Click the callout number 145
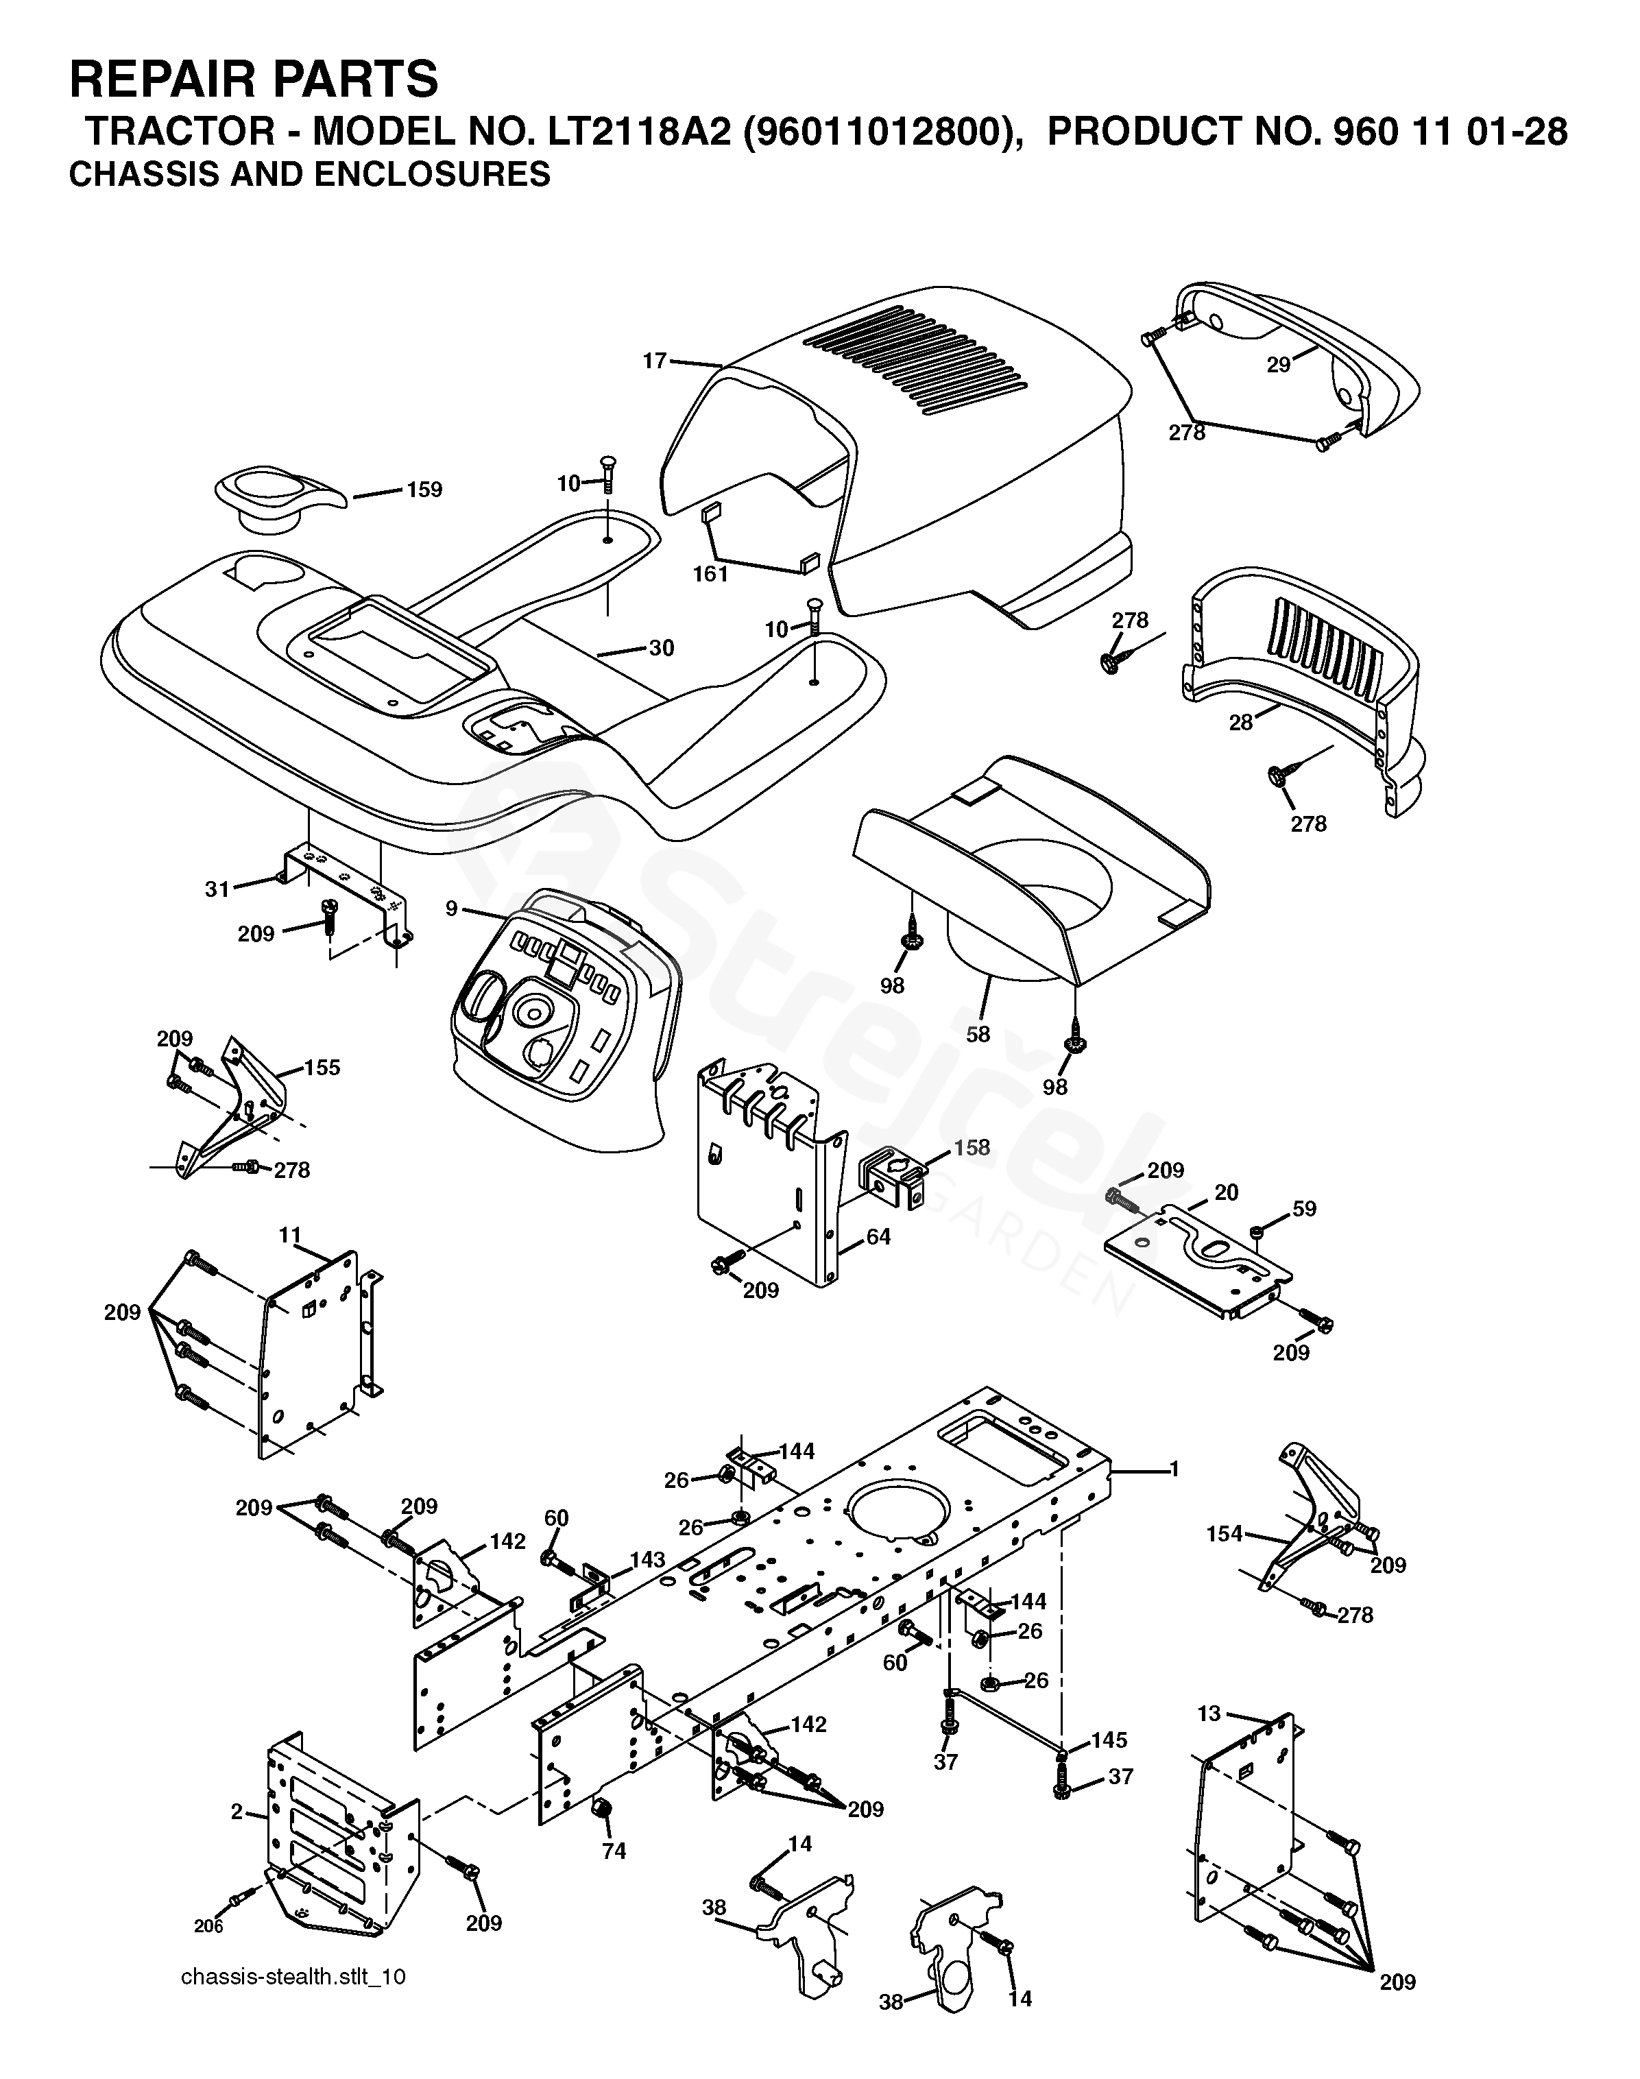click(1109, 1740)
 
